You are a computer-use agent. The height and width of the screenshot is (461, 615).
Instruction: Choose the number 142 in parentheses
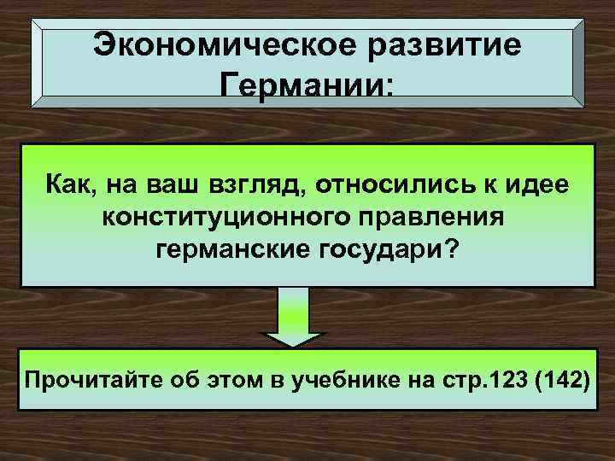(x=565, y=378)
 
